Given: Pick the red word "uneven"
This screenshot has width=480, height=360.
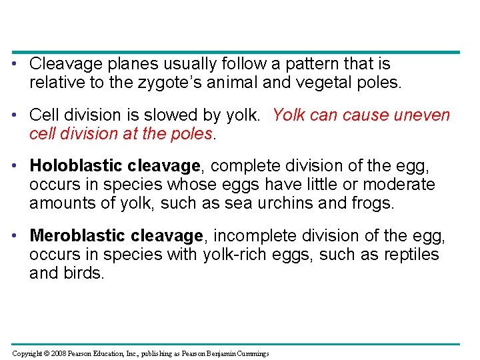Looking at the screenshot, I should (422, 115).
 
